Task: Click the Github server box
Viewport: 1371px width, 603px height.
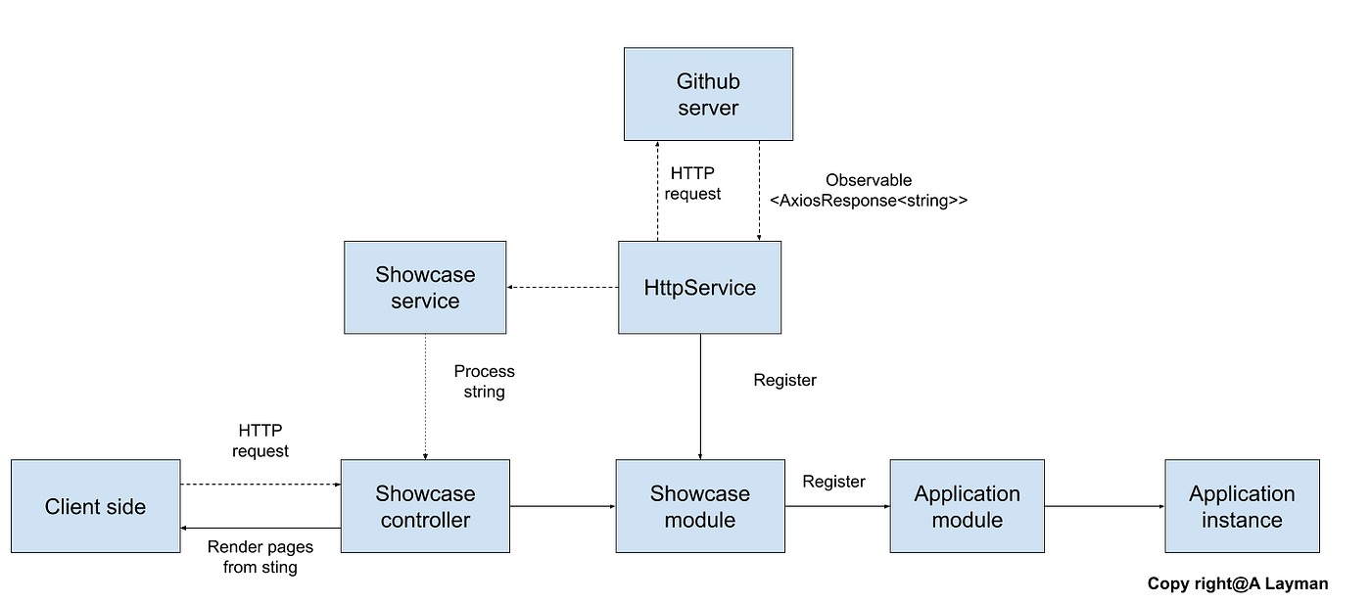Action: tap(708, 94)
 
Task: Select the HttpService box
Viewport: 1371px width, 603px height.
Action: tap(699, 288)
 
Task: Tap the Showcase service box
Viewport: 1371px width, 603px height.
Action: tap(425, 288)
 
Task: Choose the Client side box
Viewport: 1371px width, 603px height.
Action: tap(95, 506)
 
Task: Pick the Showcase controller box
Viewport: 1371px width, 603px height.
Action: tap(425, 506)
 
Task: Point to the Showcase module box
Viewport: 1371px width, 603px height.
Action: tap(699, 506)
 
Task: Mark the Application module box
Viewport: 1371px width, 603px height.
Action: tap(967, 506)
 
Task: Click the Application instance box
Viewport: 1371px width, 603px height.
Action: tap(1242, 506)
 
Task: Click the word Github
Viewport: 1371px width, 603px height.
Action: tap(708, 81)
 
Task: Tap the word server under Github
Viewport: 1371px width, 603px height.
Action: tap(708, 108)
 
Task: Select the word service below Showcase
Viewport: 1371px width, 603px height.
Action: tap(425, 301)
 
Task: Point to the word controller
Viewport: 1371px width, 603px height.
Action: tap(425, 520)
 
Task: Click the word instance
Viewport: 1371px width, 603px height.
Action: tap(1242, 520)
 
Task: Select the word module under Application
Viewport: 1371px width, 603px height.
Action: tap(967, 520)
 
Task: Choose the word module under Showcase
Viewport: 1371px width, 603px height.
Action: tap(699, 520)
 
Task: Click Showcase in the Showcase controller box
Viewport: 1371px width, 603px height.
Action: tap(425, 493)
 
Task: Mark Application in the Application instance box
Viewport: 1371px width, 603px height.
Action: tap(1242, 493)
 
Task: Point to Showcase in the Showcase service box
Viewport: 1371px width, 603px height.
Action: tap(425, 275)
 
